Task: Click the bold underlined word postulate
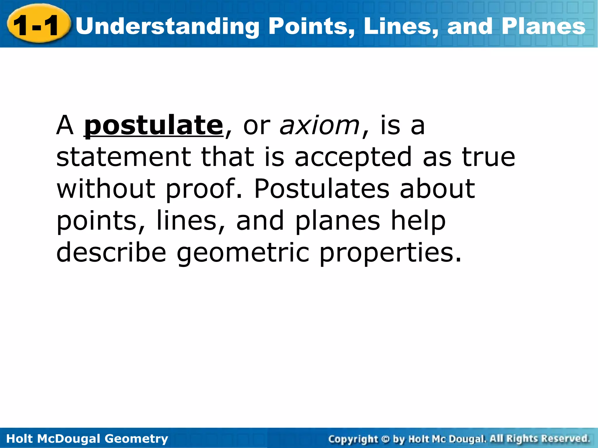[154, 126]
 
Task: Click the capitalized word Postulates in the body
[321, 189]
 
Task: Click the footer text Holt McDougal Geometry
[87, 439]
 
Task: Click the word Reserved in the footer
[565, 439]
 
